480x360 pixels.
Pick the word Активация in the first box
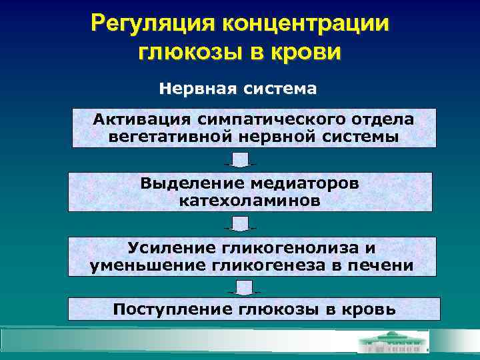142,119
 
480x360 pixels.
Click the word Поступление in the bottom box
171,309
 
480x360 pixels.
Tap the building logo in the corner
393,343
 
